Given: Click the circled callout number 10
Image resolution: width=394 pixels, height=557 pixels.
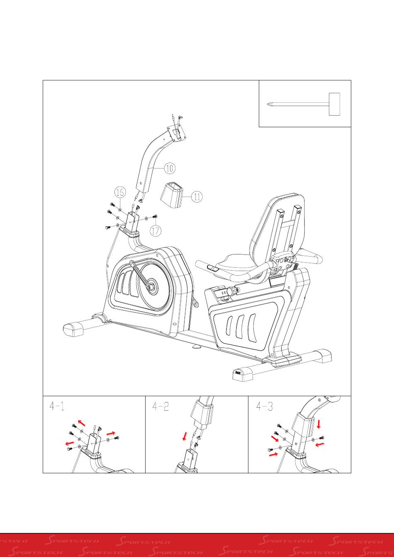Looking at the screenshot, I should click(x=169, y=168).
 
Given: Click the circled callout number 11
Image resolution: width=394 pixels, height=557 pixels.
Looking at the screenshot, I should click(x=197, y=196).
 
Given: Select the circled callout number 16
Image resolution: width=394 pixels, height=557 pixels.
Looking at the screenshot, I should click(x=120, y=192).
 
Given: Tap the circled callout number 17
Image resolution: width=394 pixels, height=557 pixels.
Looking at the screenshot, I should click(x=156, y=230).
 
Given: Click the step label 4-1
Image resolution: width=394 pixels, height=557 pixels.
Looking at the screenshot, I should click(x=57, y=407).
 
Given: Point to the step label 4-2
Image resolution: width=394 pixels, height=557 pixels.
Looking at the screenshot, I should click(x=160, y=407).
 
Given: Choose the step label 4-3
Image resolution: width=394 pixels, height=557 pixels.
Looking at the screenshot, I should click(x=265, y=407).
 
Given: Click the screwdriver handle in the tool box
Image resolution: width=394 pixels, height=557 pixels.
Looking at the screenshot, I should click(x=334, y=104).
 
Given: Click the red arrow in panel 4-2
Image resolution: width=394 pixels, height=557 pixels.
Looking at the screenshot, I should click(x=185, y=436).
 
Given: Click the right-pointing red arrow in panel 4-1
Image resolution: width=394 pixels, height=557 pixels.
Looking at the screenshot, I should click(x=111, y=433).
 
